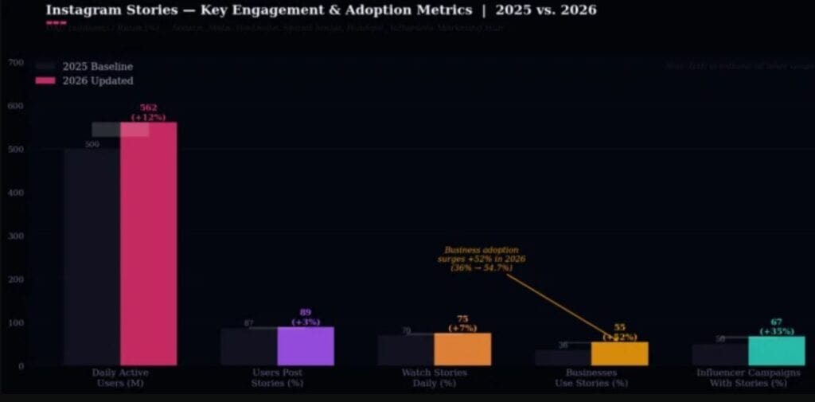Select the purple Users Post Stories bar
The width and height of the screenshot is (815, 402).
tap(306, 346)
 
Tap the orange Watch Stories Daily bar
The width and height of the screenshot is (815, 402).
tap(462, 349)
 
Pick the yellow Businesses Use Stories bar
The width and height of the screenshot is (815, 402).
tap(619, 353)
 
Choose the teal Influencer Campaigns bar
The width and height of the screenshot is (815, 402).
tap(776, 351)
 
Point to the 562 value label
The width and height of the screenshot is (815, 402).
tap(149, 107)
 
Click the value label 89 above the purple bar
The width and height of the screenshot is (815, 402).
tap(306, 313)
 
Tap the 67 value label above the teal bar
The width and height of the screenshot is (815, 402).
tap(776, 322)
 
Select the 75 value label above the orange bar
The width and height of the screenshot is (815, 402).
tap(462, 318)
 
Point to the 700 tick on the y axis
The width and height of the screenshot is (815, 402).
tap(16, 62)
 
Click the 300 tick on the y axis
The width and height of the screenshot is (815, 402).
tap(16, 236)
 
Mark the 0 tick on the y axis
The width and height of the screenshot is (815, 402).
tap(21, 366)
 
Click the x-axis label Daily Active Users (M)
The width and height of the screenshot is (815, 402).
tap(120, 378)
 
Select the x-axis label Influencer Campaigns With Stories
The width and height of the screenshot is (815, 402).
tap(748, 378)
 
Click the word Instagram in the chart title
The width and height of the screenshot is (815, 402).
tap(83, 10)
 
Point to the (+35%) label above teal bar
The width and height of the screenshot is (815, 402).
tap(776, 331)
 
